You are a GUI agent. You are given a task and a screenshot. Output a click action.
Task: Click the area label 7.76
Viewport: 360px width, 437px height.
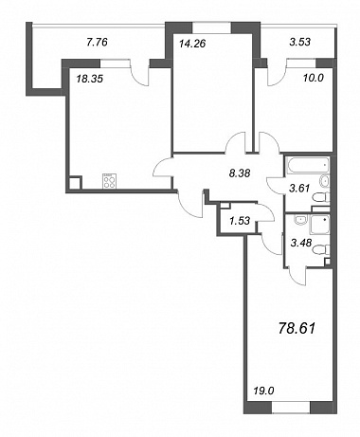pyautogui.click(x=97, y=42)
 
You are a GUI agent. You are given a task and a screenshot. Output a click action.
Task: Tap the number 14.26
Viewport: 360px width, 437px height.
pyautogui.click(x=192, y=43)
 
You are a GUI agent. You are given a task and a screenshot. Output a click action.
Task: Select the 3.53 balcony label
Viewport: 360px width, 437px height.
pyautogui.click(x=299, y=42)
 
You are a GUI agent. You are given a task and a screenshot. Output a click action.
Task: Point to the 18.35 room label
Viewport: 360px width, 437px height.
pyautogui.click(x=90, y=79)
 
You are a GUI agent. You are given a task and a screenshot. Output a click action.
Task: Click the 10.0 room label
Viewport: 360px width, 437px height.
pyautogui.click(x=314, y=79)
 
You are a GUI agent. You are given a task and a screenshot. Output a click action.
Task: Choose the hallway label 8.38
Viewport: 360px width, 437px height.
pyautogui.click(x=240, y=173)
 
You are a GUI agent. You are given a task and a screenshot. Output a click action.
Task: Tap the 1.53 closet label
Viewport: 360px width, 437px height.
pyautogui.click(x=240, y=220)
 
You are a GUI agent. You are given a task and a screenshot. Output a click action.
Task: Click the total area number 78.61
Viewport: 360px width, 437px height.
pyautogui.click(x=297, y=329)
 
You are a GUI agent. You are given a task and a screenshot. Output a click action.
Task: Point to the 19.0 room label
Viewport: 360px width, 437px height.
pyautogui.click(x=263, y=391)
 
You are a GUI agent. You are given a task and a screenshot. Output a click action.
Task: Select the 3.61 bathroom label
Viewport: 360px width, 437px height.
pyautogui.click(x=299, y=189)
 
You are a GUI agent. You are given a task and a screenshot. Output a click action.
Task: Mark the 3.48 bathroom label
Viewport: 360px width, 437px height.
pyautogui.click(x=301, y=243)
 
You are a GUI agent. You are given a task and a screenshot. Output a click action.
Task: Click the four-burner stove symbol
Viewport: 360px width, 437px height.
pyautogui.click(x=109, y=181)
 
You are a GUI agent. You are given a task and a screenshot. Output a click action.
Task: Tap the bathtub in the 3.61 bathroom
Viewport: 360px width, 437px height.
pyautogui.click(x=308, y=165)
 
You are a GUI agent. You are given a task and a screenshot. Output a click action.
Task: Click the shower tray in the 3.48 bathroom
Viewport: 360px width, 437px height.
pyautogui.click(x=319, y=225)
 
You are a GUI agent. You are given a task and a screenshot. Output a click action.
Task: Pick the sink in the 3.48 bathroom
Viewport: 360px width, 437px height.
pyautogui.click(x=298, y=220)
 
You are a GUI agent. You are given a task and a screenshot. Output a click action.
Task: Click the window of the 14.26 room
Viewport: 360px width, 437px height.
pyautogui.click(x=211, y=27)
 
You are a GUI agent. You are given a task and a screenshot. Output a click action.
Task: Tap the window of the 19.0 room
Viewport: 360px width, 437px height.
pyautogui.click(x=291, y=408)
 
